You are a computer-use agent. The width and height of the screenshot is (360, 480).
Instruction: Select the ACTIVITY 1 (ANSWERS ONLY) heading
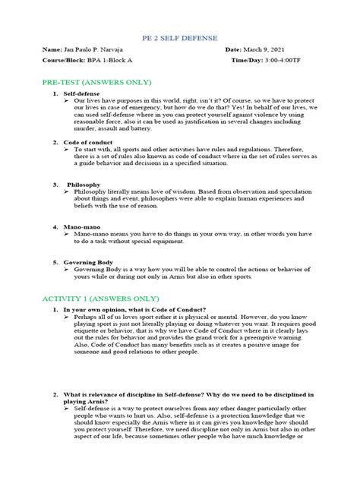[100, 299]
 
